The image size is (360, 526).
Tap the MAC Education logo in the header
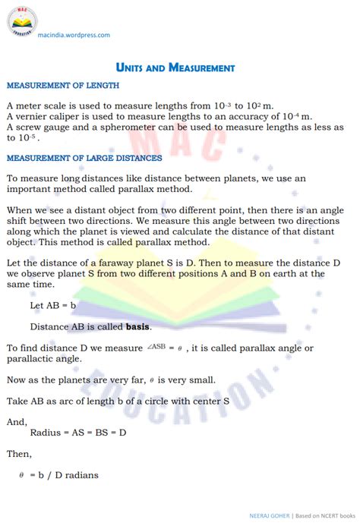tap(23, 20)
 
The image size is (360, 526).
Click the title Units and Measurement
tap(175, 68)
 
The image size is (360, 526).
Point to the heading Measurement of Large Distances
tap(84, 158)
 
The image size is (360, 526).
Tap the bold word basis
tap(138, 327)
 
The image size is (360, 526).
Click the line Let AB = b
tap(54, 305)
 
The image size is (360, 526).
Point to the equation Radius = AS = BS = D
tap(78, 432)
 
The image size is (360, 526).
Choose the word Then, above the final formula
tap(20, 454)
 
